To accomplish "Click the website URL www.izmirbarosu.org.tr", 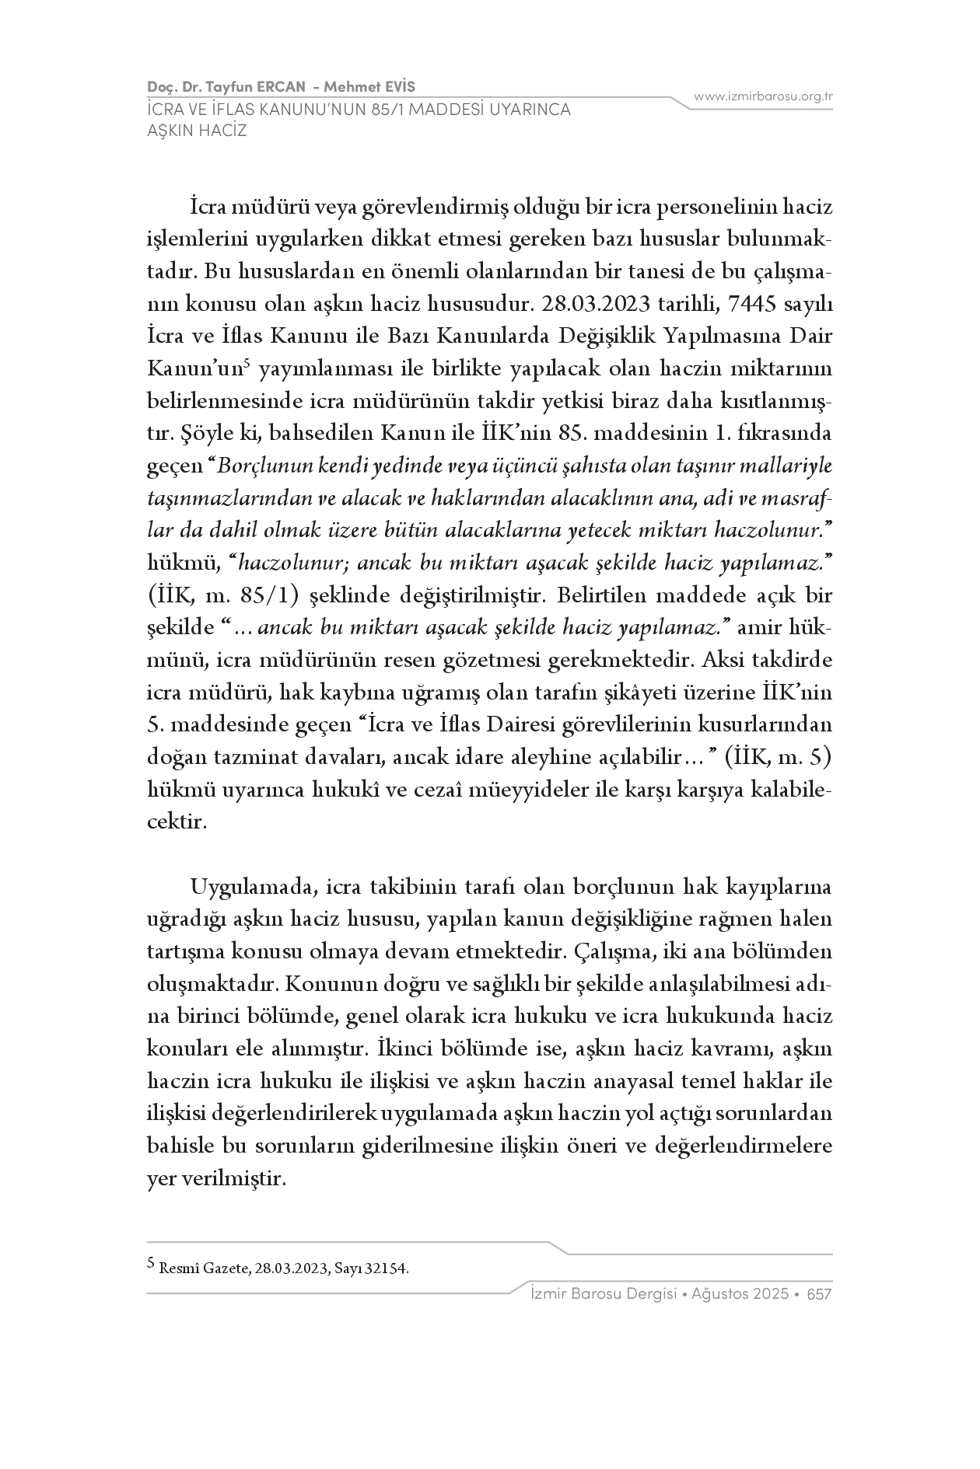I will [x=763, y=96].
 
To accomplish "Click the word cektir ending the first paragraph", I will [x=177, y=822].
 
